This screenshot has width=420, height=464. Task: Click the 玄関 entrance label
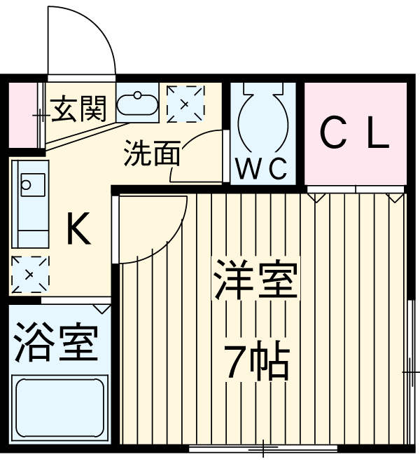pos(78,109)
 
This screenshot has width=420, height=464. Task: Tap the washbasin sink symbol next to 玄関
pos(137,104)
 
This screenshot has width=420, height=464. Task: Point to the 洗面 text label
pos(152,153)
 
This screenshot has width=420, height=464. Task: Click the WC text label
pos(261,168)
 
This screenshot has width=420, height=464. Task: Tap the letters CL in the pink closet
pos(355,135)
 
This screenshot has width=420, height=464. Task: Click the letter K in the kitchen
pos(77,228)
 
